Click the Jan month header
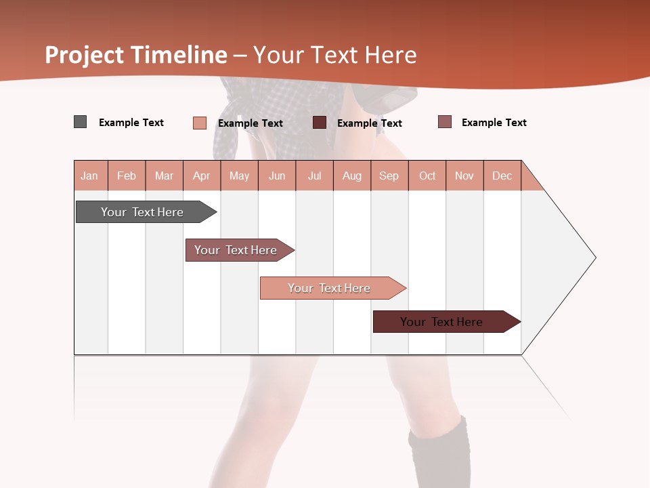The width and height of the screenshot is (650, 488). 89,176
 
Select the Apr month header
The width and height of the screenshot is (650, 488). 202,176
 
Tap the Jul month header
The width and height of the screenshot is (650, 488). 314,176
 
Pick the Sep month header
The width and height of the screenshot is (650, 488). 389,176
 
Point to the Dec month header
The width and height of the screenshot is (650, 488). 502,176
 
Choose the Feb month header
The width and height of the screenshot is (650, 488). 127,176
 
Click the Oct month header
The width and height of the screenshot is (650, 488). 427,176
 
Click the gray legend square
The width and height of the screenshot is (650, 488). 80,122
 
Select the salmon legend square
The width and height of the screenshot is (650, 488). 199,123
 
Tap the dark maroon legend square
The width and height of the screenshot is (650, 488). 320,122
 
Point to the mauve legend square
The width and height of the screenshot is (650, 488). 444,122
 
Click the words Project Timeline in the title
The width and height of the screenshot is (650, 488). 135,55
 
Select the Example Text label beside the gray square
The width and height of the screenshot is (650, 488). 131,123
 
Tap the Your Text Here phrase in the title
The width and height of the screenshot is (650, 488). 334,55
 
